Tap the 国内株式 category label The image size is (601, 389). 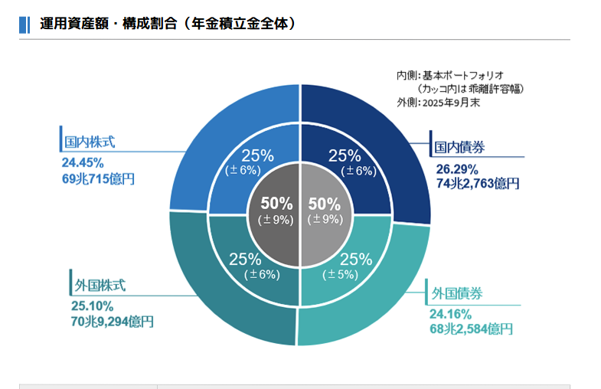click(90, 142)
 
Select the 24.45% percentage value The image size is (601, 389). click(83, 163)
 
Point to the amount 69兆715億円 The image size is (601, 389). click(98, 179)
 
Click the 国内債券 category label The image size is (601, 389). click(459, 147)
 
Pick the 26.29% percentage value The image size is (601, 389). click(457, 169)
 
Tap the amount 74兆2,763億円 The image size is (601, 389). click(478, 184)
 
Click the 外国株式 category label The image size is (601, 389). click(100, 286)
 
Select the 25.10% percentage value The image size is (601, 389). click(93, 306)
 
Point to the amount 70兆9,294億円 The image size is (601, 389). click(113, 322)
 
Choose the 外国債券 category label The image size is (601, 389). click(457, 293)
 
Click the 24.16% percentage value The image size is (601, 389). click(450, 314)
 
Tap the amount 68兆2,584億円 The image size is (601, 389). click(471, 329)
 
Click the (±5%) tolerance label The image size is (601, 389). click(341, 274)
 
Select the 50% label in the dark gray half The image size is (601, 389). click(276, 204)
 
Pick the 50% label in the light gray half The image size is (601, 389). click(325, 204)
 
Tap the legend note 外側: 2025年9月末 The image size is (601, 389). click(438, 103)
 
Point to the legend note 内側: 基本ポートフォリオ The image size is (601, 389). click(450, 76)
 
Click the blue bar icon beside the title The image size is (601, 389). click(24, 25)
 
